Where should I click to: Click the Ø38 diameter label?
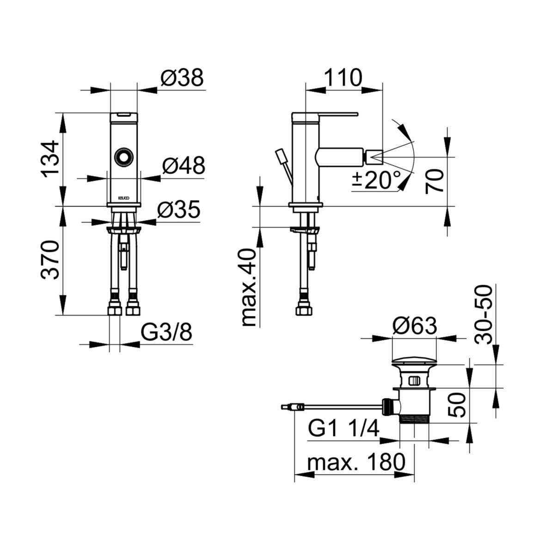click(x=182, y=78)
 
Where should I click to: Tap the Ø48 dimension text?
click(x=184, y=165)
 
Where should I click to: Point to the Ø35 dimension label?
click(x=179, y=209)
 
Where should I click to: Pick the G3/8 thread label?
click(x=166, y=332)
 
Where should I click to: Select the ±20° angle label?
click(x=377, y=180)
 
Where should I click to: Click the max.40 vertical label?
click(x=249, y=288)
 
